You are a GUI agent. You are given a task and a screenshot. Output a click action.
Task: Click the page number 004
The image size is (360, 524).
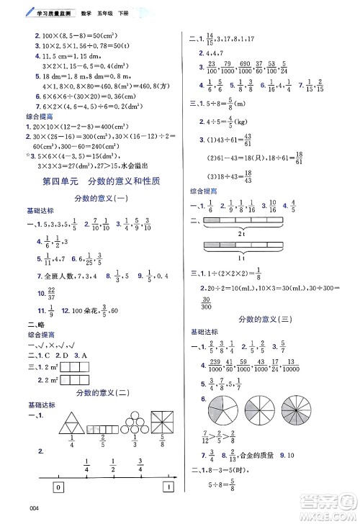(x=10, y=514)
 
